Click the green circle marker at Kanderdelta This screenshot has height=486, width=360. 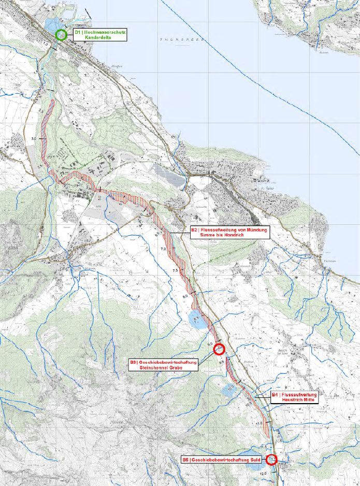[x=61, y=35]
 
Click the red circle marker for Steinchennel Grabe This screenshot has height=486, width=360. [x=218, y=349]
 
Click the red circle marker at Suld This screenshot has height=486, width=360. [x=271, y=459]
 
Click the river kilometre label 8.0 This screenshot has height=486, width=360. [x=185, y=296]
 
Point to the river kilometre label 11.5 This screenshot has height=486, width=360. [x=263, y=447]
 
